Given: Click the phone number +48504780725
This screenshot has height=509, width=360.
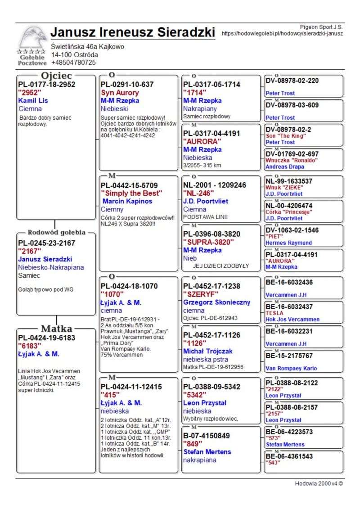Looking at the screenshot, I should coord(73,63).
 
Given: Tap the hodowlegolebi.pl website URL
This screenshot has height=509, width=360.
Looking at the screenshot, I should coord(283,33).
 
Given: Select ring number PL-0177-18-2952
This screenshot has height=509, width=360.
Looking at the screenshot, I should coord(46,84).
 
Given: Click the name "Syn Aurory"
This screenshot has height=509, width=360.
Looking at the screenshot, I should coord(120,93).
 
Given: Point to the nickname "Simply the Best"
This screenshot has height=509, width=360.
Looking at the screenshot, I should coord(131,193).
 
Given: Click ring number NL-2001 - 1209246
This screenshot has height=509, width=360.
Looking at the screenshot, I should coord(215,185).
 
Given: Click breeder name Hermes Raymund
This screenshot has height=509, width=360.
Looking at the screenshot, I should coord(288,243).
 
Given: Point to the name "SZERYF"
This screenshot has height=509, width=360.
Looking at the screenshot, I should coord(201,294).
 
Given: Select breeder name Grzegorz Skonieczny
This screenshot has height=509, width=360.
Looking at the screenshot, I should coord(217,302).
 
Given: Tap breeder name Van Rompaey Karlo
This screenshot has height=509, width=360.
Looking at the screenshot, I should coord(291,368).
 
